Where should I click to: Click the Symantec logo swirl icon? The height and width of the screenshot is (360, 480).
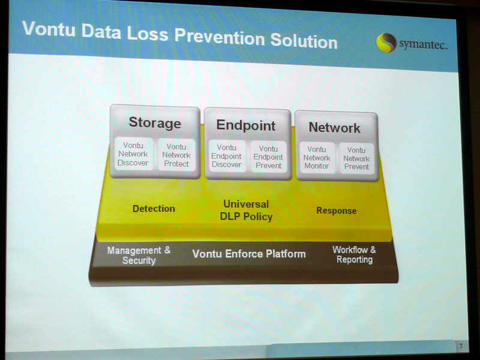[386, 43]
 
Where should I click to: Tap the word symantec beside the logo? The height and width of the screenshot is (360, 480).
[423, 44]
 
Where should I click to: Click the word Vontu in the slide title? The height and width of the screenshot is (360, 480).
[49, 29]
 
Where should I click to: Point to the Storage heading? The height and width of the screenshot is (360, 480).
[155, 123]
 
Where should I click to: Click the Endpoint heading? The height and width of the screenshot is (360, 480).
[246, 125]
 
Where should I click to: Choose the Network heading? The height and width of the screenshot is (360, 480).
[334, 128]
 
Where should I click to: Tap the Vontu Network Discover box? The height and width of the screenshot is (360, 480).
[133, 154]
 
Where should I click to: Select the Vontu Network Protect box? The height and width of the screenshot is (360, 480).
[176, 155]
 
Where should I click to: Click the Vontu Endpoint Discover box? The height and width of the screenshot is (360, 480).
[227, 156]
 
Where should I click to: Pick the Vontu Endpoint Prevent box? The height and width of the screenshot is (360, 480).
[268, 157]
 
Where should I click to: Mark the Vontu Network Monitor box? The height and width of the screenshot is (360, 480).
[317, 158]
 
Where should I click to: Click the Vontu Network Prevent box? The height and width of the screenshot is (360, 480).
[356, 158]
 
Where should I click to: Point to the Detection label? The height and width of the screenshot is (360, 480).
[154, 209]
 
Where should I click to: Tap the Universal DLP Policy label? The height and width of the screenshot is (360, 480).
[246, 211]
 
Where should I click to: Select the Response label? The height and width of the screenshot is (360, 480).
[336, 211]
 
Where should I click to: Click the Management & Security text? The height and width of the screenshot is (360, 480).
[139, 256]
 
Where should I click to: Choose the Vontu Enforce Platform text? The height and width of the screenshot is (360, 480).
[249, 254]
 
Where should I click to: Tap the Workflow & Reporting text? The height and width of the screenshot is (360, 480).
[354, 254]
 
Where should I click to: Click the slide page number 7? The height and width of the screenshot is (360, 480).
[461, 346]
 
